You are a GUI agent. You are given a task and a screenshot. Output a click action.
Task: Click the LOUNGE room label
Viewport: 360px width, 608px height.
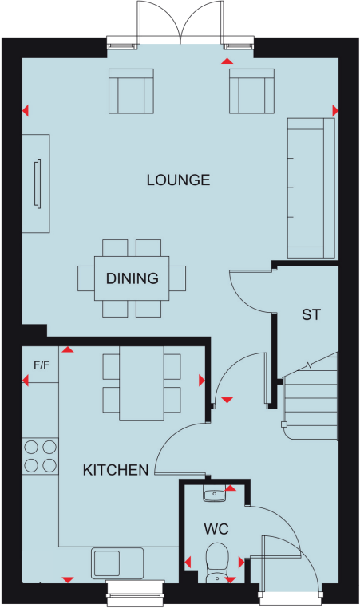click(x=178, y=180)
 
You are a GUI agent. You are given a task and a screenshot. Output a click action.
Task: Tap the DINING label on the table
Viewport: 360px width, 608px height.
click(x=132, y=278)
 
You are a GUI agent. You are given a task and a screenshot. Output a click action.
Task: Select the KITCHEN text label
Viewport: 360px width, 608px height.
click(x=116, y=469)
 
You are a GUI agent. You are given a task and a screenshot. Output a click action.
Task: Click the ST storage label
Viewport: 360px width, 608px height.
click(x=311, y=314)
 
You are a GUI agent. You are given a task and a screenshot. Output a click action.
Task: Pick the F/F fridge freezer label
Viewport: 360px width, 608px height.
click(x=41, y=365)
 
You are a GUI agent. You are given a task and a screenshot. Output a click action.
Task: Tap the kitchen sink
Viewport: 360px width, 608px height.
click(x=118, y=563)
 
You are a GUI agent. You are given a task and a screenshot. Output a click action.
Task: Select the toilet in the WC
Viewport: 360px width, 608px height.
click(x=216, y=561)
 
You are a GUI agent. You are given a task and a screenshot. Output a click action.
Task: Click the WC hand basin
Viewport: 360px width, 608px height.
click(x=215, y=495)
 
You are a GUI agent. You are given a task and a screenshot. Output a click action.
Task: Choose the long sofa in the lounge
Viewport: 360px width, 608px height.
click(x=311, y=188)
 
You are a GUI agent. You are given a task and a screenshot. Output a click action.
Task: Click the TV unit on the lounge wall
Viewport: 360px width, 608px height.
click(x=37, y=184)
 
